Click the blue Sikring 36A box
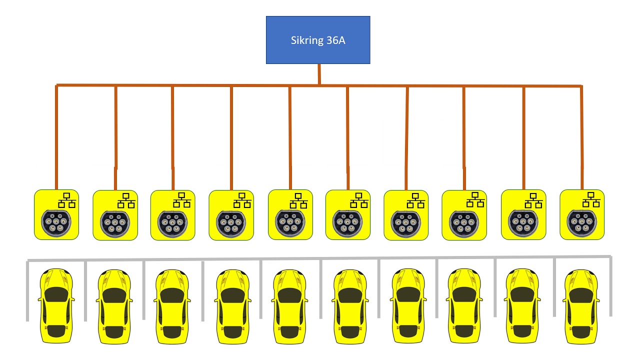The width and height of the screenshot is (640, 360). coord(318,40)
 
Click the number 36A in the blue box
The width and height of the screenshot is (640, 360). coord(335,40)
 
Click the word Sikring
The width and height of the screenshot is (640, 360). coord(307,41)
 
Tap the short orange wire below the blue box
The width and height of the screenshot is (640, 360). coord(319,74)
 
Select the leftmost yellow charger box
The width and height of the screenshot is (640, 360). coord(56,214)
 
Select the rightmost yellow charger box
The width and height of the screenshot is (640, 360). coord(582,214)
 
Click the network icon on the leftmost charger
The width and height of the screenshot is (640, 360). coord(67,200)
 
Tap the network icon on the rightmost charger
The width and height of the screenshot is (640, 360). coord(591,199)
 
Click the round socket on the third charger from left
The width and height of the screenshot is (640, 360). coord(172,224)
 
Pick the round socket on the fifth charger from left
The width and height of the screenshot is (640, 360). coord(290,223)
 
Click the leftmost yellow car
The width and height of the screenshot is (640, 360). coord(56,305)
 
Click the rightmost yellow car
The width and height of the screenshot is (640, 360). coord(581,306)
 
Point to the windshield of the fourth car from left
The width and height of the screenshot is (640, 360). coord(233,295)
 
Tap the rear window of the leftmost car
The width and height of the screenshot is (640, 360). coord(56,331)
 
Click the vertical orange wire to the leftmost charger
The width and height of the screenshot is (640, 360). coord(56,137)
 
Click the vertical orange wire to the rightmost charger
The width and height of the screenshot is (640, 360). coord(581,137)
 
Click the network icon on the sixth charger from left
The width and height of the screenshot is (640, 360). coord(359,200)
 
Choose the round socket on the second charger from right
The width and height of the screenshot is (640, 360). coord(523,223)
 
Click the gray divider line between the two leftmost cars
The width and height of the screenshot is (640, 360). coord(85,291)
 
